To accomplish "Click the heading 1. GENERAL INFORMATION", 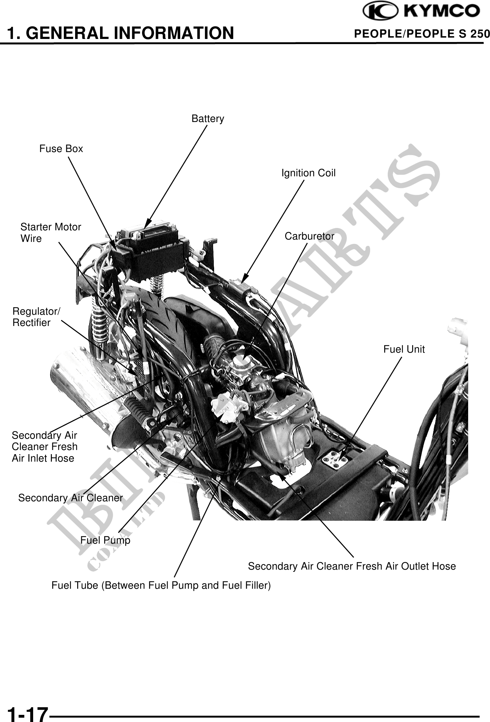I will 121,33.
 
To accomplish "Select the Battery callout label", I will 208,119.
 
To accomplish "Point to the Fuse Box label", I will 61,149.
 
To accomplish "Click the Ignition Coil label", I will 308,173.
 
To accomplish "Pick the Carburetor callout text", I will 309,236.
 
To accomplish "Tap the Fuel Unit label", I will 404,349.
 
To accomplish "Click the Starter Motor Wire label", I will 51,233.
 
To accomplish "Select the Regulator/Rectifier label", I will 36,317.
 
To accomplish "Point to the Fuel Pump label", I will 105,540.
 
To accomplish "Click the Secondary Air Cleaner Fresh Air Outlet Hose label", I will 352,566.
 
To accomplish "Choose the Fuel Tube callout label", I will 161,585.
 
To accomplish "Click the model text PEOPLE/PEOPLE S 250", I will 422,34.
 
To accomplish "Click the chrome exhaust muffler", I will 89,393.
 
